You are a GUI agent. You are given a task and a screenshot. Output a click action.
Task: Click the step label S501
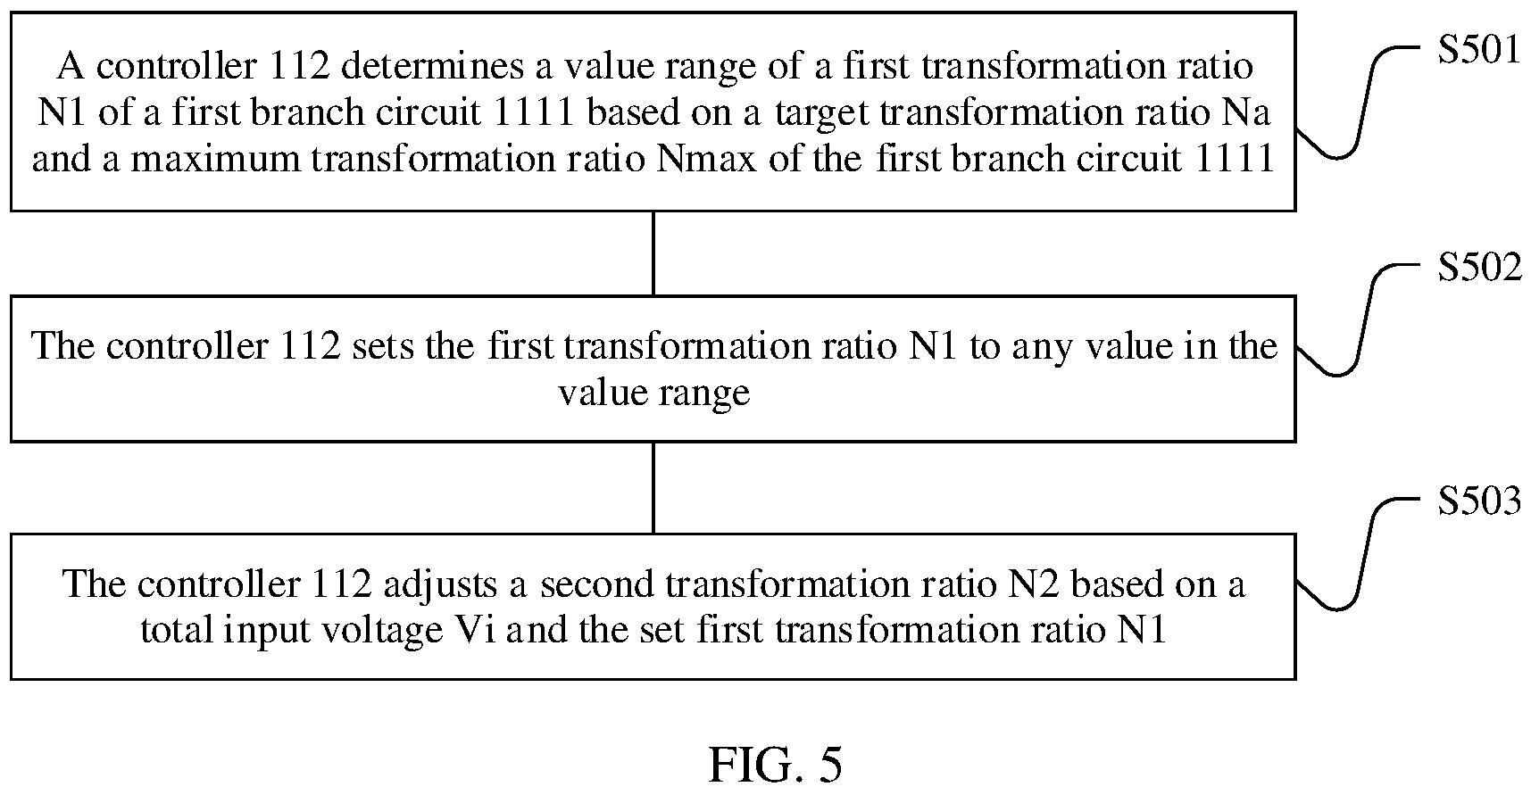(x=1477, y=50)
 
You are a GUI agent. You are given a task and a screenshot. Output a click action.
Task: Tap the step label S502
(x=1478, y=267)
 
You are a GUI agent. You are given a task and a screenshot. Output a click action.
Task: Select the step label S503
(x=1478, y=501)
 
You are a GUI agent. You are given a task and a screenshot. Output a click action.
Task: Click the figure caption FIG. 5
(x=775, y=765)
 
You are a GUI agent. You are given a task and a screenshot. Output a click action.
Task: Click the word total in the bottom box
(x=175, y=631)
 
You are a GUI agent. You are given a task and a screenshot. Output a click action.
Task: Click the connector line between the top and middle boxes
(x=653, y=253)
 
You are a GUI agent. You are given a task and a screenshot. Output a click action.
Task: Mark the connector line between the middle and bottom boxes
(x=653, y=487)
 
